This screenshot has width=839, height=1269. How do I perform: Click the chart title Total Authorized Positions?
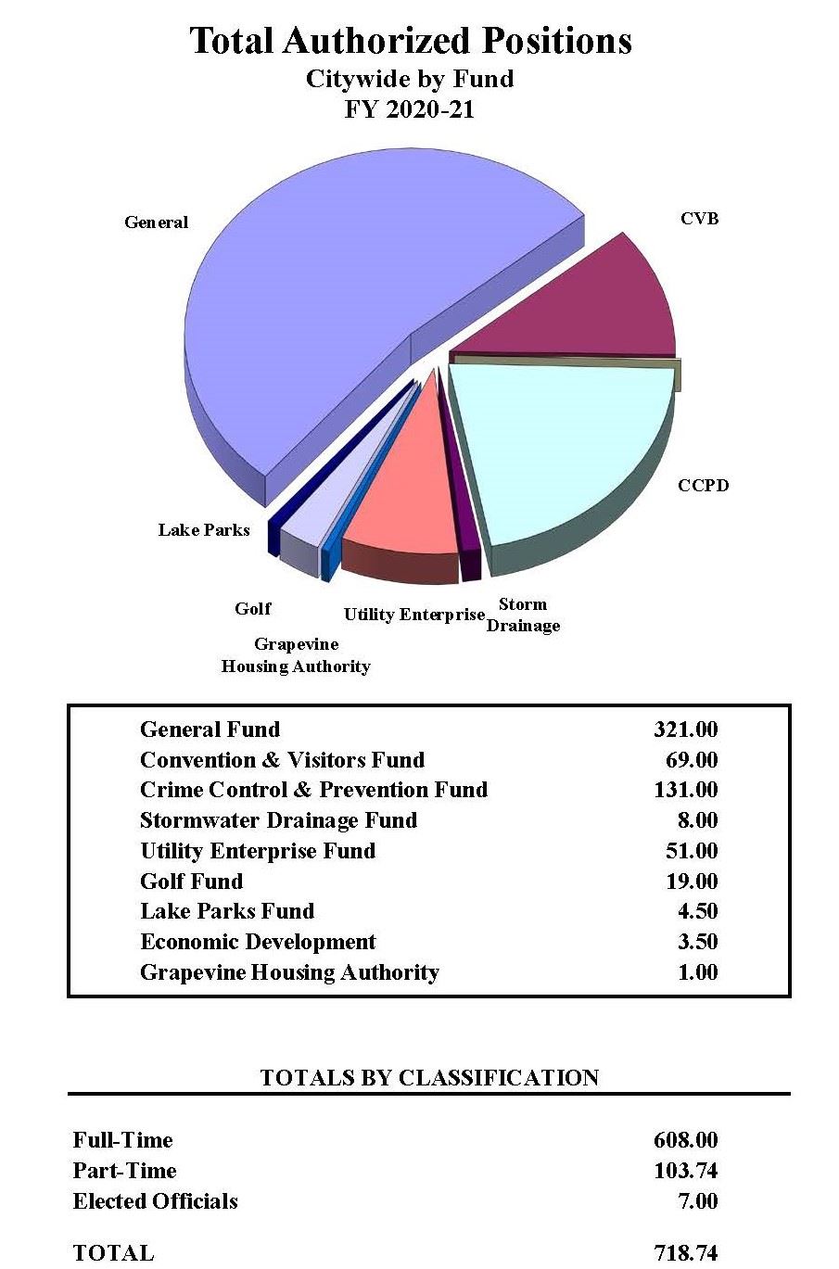[x=411, y=41]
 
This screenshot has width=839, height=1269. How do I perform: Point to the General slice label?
[x=156, y=222]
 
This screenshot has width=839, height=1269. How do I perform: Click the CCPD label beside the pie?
[x=703, y=485]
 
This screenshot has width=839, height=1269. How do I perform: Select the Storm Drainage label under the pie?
[x=523, y=615]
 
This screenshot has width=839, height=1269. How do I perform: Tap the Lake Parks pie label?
[x=203, y=530]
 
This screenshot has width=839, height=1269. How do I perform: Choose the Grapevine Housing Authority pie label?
[x=296, y=655]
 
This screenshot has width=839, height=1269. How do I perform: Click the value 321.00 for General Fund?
[x=685, y=730]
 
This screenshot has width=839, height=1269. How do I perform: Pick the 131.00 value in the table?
[x=685, y=790]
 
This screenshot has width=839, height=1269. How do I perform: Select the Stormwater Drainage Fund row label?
[x=278, y=820]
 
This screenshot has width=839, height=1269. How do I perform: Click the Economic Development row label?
[x=258, y=942]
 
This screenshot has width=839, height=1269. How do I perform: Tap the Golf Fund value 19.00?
[x=692, y=882]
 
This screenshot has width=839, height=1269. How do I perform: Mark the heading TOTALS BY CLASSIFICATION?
[x=429, y=1077]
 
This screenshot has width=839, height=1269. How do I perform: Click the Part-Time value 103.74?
[x=685, y=1171]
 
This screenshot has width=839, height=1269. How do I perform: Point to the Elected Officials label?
[x=155, y=1201]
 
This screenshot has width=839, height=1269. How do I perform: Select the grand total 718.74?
[x=685, y=1253]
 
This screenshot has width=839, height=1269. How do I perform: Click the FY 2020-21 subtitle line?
[x=410, y=108]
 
